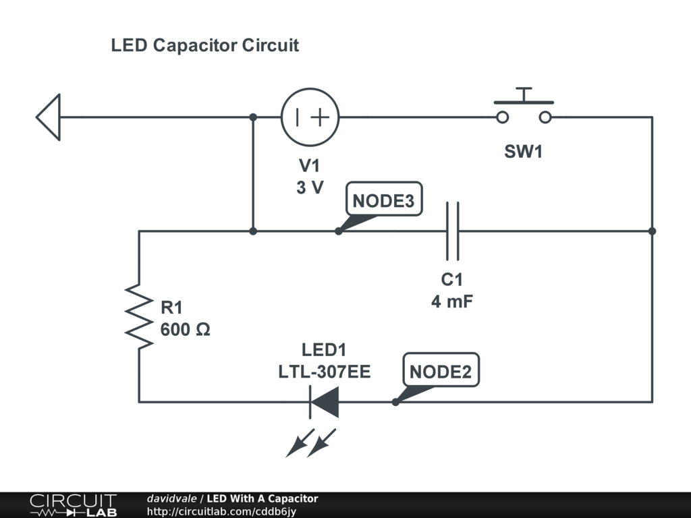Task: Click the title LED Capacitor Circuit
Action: pyautogui.click(x=204, y=46)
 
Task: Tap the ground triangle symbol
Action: pyautogui.click(x=49, y=117)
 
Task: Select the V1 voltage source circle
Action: pyautogui.click(x=310, y=117)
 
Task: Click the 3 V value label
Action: pyautogui.click(x=310, y=188)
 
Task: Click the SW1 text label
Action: pyautogui.click(x=524, y=152)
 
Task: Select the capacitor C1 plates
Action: pyautogui.click(x=453, y=231)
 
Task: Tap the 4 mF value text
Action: pyautogui.click(x=452, y=301)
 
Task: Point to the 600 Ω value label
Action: pyautogui.click(x=186, y=330)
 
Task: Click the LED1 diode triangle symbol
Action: pyautogui.click(x=324, y=402)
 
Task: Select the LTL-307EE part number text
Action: pyautogui.click(x=325, y=372)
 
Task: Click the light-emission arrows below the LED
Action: pyautogui.click(x=310, y=441)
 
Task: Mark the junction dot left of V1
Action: pyautogui.click(x=253, y=117)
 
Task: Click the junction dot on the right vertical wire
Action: pyautogui.click(x=652, y=231)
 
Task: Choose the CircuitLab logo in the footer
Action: pyautogui.click(x=73, y=505)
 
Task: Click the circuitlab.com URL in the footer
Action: pyautogui.click(x=221, y=512)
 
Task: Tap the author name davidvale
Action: pyautogui.click(x=171, y=498)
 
